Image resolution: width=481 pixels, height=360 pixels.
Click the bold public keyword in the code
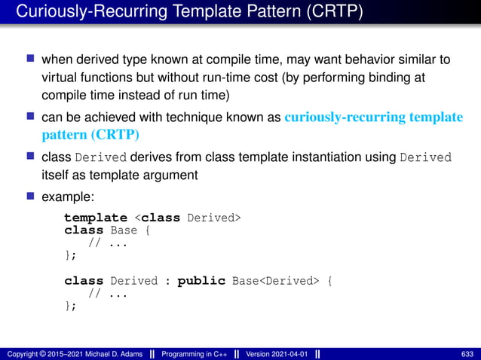(201, 281)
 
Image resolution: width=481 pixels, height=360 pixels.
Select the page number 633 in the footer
(466, 353)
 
